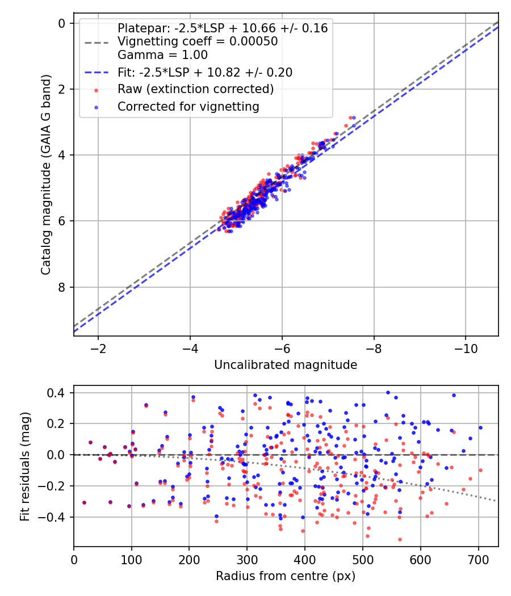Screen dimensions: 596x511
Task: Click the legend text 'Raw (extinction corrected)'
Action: [195, 89]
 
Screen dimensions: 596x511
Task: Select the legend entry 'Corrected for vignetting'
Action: [188, 106]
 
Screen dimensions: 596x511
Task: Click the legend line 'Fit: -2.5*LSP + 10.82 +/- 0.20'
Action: [205, 72]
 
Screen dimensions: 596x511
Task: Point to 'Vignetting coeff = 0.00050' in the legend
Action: [198, 41]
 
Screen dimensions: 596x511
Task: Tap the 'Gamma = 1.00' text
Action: [162, 55]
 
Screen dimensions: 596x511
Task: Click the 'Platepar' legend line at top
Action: [223, 28]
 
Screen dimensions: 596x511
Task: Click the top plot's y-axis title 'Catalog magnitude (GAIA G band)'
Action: [46, 175]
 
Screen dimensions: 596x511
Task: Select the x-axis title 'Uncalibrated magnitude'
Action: [286, 365]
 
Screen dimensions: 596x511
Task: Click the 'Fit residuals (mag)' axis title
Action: [24, 466]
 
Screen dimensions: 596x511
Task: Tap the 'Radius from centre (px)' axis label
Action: [286, 576]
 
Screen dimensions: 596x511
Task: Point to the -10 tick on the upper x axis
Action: [465, 346]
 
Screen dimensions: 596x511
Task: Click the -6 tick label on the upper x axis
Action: [282, 346]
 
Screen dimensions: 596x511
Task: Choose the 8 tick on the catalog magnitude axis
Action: [62, 287]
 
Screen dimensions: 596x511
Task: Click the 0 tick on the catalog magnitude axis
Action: [62, 23]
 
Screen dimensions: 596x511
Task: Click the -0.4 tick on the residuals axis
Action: [56, 517]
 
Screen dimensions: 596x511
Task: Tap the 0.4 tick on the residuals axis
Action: [58, 393]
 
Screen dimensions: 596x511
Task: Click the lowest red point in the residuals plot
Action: [400, 539]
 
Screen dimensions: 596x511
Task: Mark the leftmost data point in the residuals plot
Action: [84, 502]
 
